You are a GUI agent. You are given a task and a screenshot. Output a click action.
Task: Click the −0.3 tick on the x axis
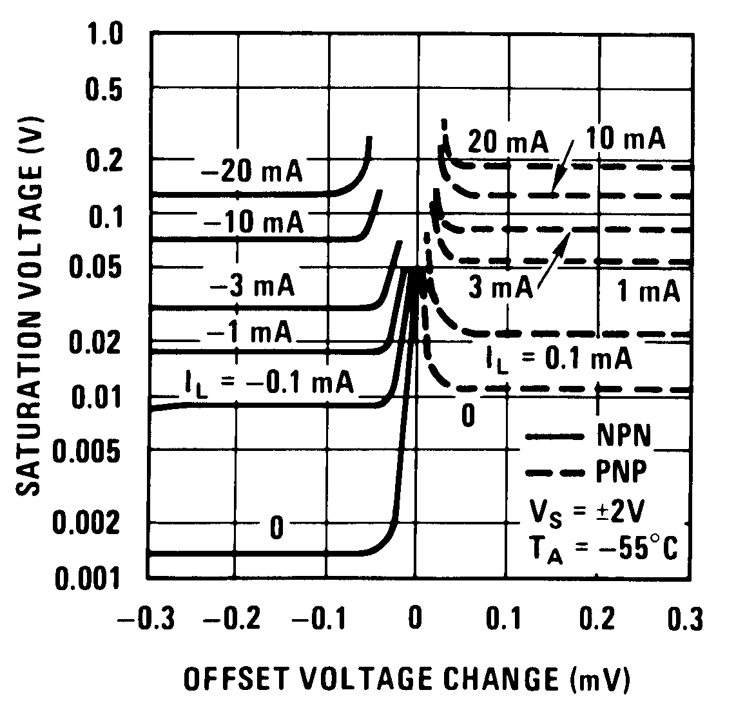point(146,619)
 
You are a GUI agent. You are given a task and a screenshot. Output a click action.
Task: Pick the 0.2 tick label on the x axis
point(597,619)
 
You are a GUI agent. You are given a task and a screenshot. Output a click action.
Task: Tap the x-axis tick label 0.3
point(684,619)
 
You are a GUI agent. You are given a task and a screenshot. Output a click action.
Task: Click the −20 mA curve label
point(251,173)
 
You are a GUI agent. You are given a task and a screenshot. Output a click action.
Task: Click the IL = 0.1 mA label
point(558,358)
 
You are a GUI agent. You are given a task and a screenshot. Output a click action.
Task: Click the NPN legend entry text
point(623,437)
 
